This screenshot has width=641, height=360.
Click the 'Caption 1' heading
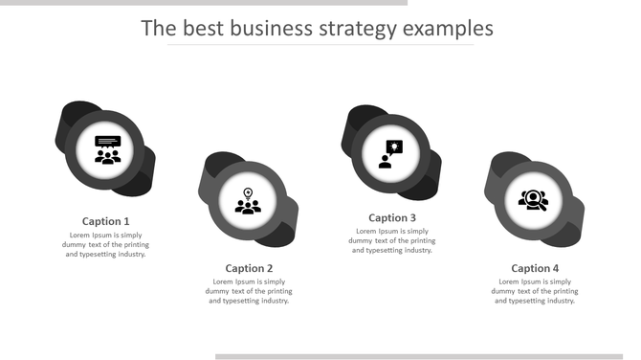point(105,221)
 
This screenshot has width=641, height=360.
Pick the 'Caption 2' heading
point(249,268)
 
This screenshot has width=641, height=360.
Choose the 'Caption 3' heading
point(392,217)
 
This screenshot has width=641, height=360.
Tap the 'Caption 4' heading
point(535,268)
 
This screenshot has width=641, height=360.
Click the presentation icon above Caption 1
point(107,149)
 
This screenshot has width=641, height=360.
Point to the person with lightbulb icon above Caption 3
point(390,153)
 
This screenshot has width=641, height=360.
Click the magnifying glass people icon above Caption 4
point(533,200)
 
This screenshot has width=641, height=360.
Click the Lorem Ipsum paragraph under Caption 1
point(105,244)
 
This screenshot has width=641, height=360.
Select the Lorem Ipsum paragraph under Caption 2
point(249,291)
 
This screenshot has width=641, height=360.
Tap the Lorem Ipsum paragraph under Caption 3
point(392,240)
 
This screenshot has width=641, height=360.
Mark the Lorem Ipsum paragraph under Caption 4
point(535,291)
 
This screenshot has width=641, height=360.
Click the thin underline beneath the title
point(320,45)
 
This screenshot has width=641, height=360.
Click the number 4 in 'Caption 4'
point(555,268)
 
